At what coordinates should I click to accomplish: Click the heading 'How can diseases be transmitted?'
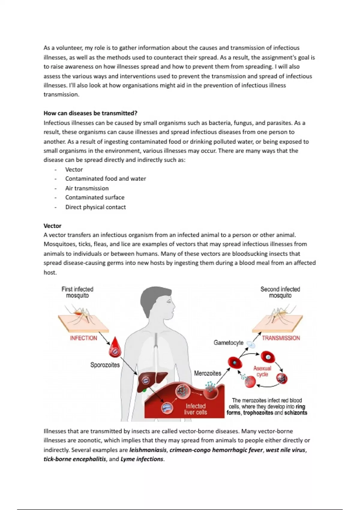(90, 113)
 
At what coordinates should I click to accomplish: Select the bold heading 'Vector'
(52, 226)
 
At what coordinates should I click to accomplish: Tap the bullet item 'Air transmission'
(87, 188)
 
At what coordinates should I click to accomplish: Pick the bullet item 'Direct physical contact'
(95, 207)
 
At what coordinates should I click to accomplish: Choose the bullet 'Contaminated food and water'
(106, 179)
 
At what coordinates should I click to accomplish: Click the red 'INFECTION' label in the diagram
(83, 338)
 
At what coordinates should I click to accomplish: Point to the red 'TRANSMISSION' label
(281, 338)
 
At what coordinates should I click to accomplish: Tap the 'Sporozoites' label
(105, 365)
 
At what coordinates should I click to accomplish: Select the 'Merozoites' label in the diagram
(208, 373)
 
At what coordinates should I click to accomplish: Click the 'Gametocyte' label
(229, 343)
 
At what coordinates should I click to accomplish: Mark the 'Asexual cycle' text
(262, 371)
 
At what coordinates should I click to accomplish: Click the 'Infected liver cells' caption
(196, 409)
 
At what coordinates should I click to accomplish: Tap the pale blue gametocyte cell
(251, 345)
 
